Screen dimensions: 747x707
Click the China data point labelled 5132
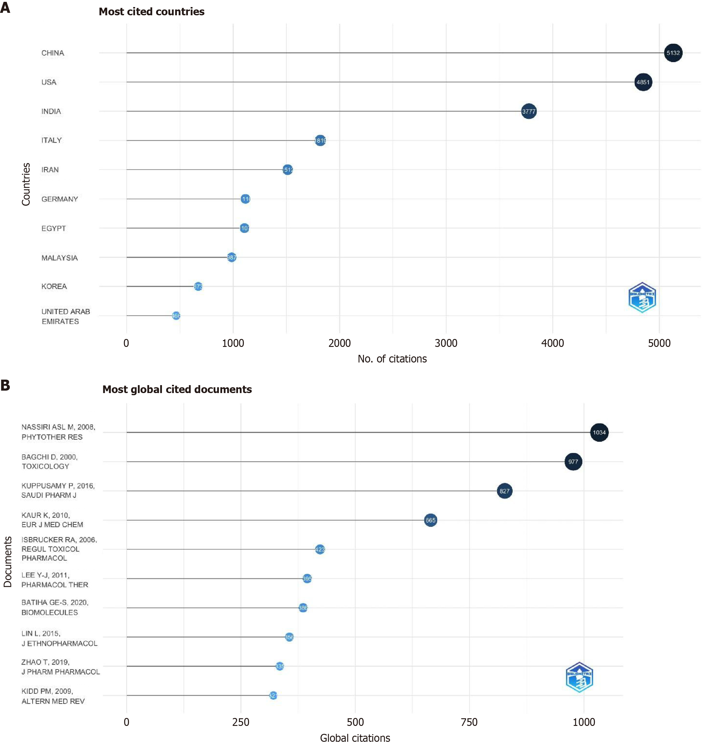coord(673,53)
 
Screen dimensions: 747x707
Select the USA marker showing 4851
coord(643,82)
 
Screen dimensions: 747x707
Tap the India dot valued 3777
coord(529,111)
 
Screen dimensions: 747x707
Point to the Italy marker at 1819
coord(320,141)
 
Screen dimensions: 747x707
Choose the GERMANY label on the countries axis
coord(60,199)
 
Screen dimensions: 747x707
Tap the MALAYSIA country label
coord(60,258)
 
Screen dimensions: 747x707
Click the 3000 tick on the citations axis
coord(446,343)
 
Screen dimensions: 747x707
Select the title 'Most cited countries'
coord(152,12)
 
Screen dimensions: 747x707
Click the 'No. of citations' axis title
coord(392,359)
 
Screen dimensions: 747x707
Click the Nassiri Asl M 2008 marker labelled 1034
coord(599,432)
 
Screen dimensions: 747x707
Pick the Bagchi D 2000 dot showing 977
coord(573,462)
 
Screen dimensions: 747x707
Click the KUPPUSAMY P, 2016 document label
coord(58,490)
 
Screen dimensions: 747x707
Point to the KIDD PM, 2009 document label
coord(53,696)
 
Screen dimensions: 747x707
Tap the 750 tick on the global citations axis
coord(469,722)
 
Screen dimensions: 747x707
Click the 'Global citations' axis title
coord(355,738)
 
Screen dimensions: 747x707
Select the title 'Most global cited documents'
coord(177,389)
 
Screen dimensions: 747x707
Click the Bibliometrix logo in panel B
coord(579,677)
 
